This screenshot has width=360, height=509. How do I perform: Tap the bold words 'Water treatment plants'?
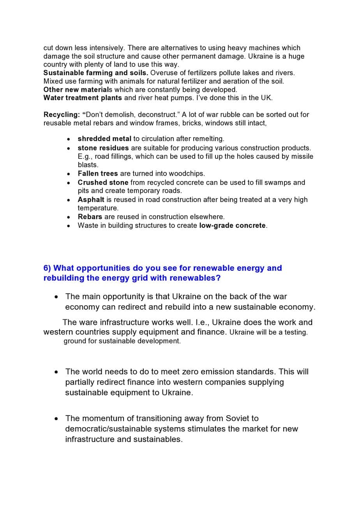click(x=83, y=98)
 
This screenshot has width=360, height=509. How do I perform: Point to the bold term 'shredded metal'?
click(x=104, y=139)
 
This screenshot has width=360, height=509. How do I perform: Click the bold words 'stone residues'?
click(x=103, y=148)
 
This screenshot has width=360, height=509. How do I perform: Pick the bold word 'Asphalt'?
click(x=91, y=199)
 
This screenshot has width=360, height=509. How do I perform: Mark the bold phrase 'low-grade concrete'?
click(x=233, y=225)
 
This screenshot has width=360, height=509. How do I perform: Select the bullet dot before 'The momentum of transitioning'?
click(x=57, y=419)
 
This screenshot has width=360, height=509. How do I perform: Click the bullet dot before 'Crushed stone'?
click(x=69, y=183)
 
